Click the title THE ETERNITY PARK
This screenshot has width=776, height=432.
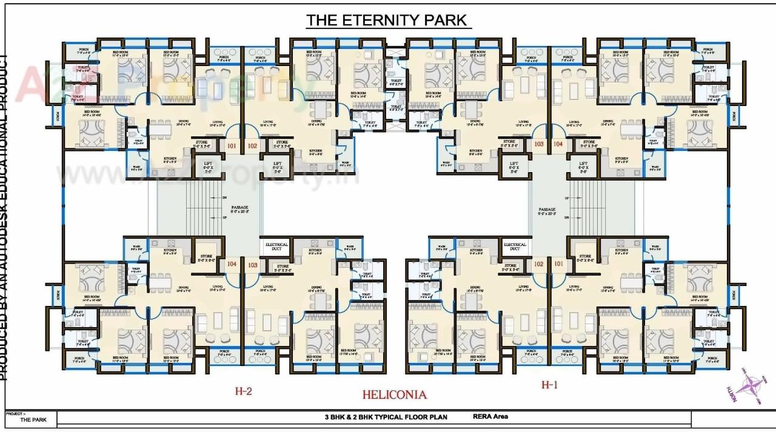click(388, 20)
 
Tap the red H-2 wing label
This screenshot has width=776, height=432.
click(243, 391)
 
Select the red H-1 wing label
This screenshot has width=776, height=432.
click(549, 385)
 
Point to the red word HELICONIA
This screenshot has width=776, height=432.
click(394, 394)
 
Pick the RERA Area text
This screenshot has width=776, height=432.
click(490, 416)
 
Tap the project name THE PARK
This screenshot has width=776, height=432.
click(33, 419)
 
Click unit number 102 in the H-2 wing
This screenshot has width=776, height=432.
click(252, 145)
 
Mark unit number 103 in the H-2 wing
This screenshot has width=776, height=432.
click(252, 265)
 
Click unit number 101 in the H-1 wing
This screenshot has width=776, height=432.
click(558, 264)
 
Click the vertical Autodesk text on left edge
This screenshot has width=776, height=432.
click(5, 218)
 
